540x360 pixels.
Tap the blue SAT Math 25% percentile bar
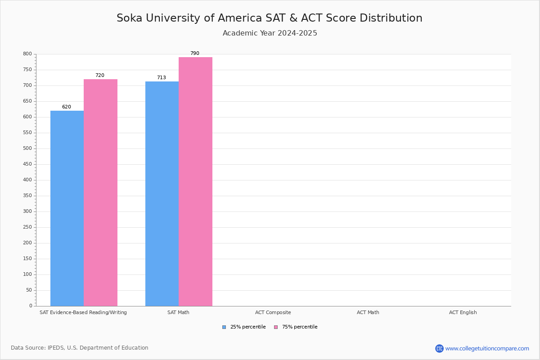(162, 193)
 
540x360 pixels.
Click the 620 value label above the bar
(67, 107)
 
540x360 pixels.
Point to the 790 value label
(194, 54)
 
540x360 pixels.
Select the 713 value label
(161, 78)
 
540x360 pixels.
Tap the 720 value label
(99, 76)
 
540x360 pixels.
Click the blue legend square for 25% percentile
(224, 327)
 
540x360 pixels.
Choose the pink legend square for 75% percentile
(276, 327)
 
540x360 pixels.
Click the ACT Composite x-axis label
(273, 313)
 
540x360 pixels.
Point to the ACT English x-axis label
(463, 313)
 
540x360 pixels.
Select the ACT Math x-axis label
(368, 313)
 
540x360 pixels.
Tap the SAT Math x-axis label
(178, 313)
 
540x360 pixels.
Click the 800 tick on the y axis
(27, 54)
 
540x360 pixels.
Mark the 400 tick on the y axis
(27, 180)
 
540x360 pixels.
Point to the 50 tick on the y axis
(29, 290)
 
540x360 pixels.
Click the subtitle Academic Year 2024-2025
(270, 33)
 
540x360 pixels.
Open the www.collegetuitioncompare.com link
(487, 349)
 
